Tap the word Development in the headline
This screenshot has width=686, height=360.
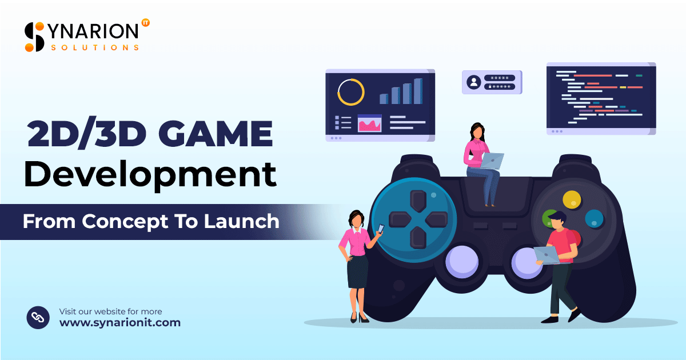coord(150,175)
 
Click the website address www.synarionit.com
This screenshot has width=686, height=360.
coord(120,323)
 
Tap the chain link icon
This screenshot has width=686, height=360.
coord(38,317)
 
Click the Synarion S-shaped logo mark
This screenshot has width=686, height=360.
coord(35,37)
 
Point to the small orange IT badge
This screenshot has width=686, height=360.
coord(145,23)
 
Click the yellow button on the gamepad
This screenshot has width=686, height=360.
coord(572,199)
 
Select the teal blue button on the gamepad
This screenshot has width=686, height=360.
coord(595,218)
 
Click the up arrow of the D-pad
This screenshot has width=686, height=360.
coord(419,201)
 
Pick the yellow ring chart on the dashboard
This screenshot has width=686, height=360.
coord(351,92)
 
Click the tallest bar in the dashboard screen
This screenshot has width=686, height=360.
coord(418,91)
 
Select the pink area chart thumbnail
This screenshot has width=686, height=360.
coord(369,123)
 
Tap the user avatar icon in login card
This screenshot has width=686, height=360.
coord(474,82)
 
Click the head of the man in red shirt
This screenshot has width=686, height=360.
coord(557,219)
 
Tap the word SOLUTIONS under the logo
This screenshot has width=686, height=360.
coord(95,47)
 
